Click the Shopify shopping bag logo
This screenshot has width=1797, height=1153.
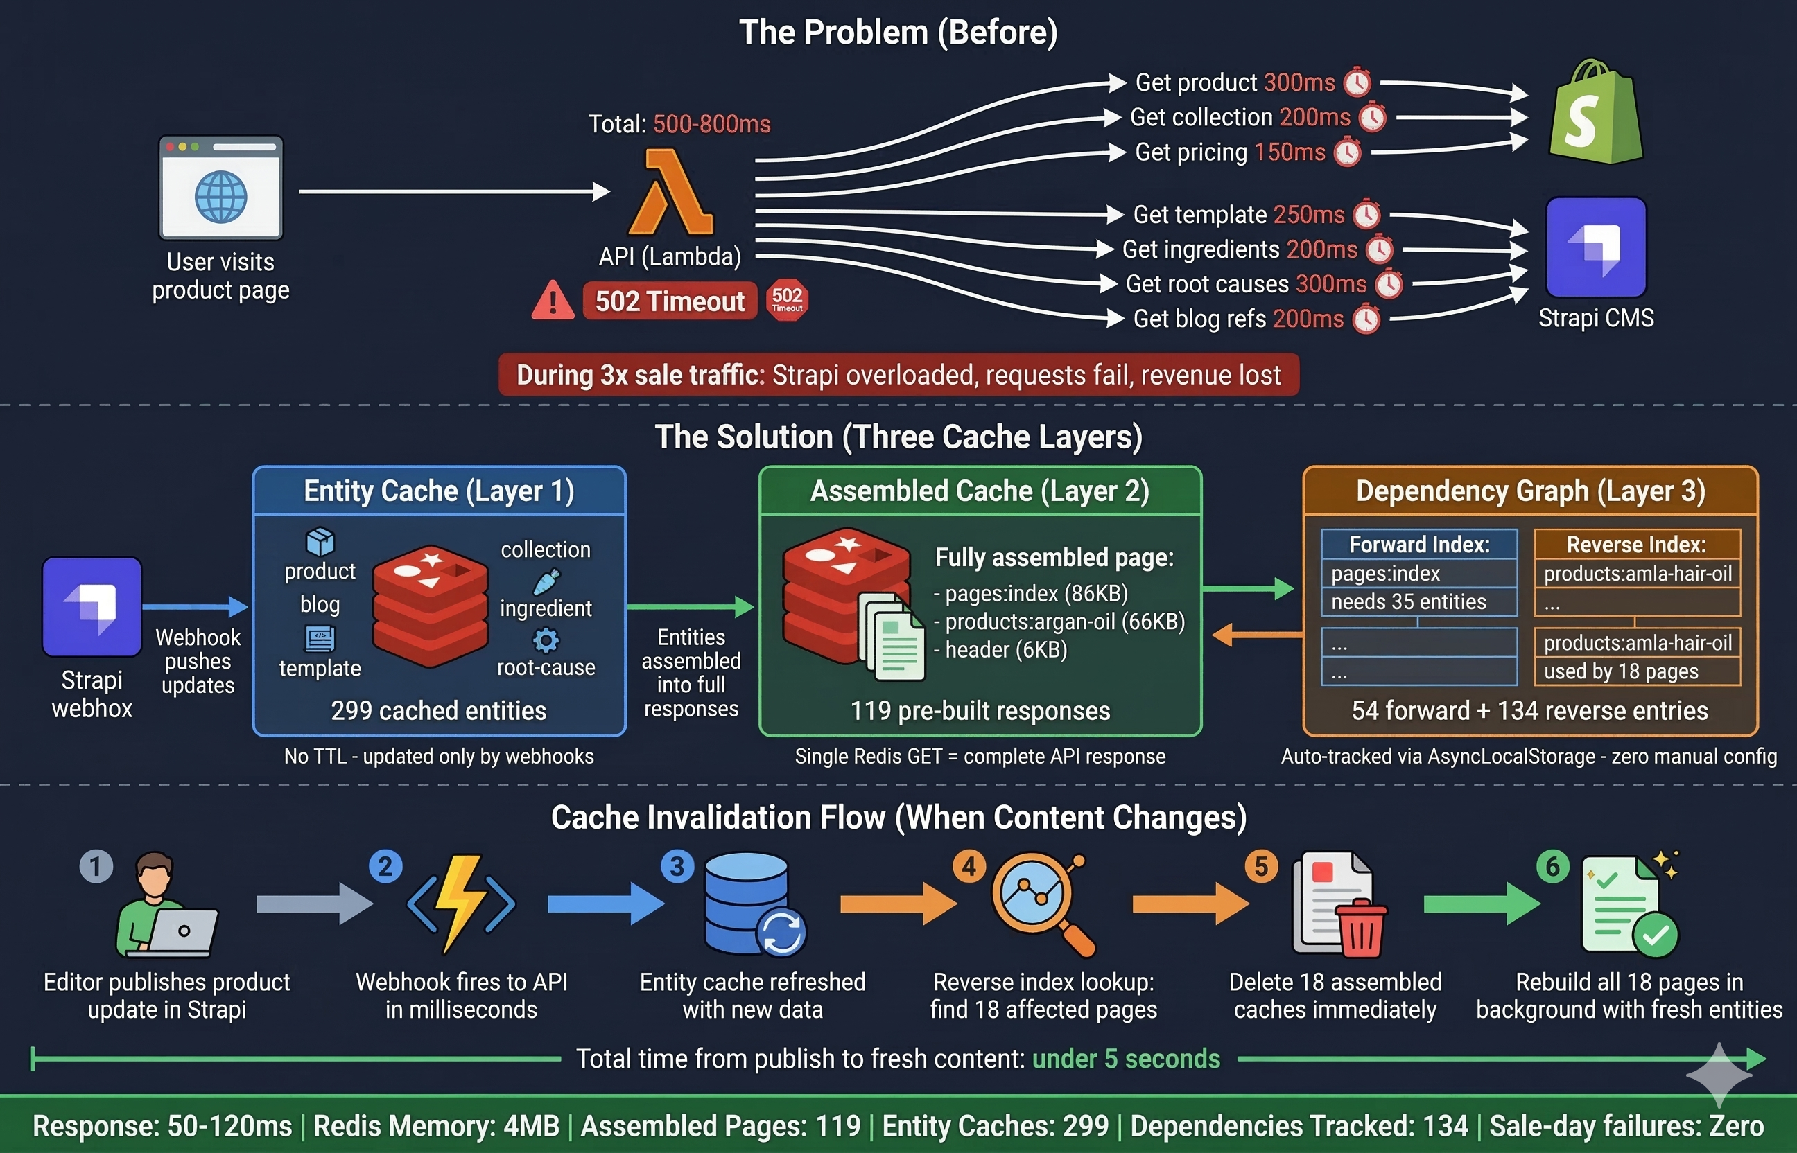tap(1595, 112)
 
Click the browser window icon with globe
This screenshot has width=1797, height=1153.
tap(221, 188)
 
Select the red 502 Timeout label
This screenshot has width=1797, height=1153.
tap(670, 301)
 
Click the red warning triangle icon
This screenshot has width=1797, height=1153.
tap(553, 301)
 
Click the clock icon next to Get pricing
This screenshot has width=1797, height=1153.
tap(1348, 152)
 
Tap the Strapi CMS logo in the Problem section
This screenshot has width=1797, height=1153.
tap(1595, 247)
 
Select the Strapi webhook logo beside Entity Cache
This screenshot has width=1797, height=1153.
tap(92, 606)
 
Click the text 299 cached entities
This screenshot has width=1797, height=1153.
tap(438, 710)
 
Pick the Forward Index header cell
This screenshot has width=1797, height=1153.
tap(1418, 545)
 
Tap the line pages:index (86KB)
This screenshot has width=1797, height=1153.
tap(1031, 594)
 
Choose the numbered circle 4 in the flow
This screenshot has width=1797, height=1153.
tap(969, 866)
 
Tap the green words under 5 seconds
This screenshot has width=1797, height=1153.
tap(1126, 1059)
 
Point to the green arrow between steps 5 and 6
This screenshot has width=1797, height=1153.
tap(1480, 904)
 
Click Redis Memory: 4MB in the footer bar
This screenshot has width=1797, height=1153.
tap(436, 1126)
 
